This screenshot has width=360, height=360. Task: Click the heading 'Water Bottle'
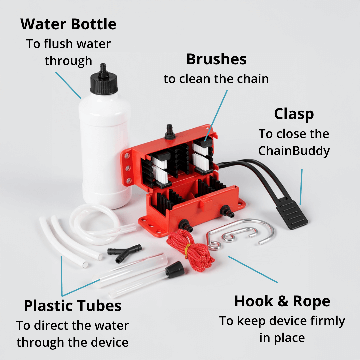[x=68, y=24]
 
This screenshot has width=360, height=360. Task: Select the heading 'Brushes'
[x=216, y=59]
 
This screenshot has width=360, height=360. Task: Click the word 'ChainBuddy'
[x=294, y=151]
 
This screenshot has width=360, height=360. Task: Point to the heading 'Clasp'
[x=294, y=114]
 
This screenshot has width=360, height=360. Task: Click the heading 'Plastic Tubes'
[x=73, y=306]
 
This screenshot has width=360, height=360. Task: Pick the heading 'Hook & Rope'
[x=282, y=301]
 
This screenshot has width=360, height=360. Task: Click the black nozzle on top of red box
[x=170, y=132]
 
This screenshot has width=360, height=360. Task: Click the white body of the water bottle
[x=105, y=149]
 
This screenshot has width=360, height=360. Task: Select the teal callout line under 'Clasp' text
[x=301, y=187]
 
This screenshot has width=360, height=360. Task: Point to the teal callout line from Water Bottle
[x=68, y=85]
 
